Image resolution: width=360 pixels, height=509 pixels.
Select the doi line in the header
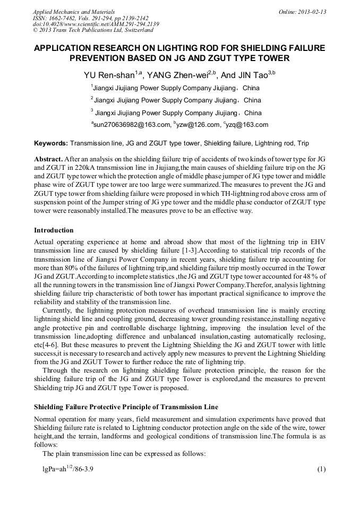[x=96, y=24]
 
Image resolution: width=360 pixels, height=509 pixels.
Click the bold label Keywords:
[x=51, y=143]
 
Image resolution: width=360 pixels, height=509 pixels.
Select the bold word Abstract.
[x=48, y=159]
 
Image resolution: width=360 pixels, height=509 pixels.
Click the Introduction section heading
[x=54, y=230]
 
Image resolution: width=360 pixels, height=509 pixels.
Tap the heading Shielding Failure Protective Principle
[x=126, y=407]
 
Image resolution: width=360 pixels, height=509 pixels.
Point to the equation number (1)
[x=321, y=470]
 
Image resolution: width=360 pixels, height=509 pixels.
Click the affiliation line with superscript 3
[x=176, y=113]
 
